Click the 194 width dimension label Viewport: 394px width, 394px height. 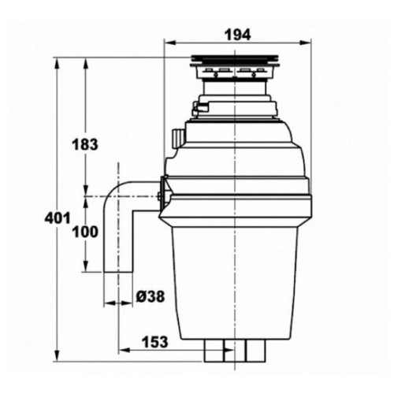238,35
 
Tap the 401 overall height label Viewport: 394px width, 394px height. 58,217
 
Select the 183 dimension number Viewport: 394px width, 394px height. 85,144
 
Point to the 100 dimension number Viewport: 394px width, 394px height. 85,232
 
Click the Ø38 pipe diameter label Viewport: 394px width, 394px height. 151,296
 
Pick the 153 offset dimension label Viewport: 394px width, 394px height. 154,342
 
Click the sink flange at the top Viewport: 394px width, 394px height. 234,61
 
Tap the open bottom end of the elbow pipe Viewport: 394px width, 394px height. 118,273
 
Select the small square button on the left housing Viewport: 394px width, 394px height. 177,139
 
